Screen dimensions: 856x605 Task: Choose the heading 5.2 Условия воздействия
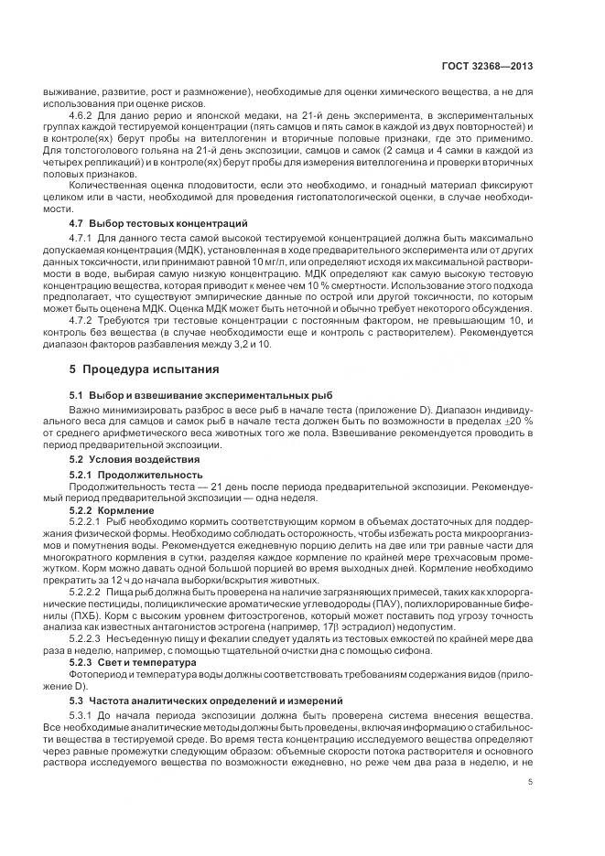coord(128,458)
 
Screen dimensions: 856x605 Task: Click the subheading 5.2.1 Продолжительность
coord(135,475)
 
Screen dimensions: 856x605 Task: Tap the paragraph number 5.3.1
coord(83,714)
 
